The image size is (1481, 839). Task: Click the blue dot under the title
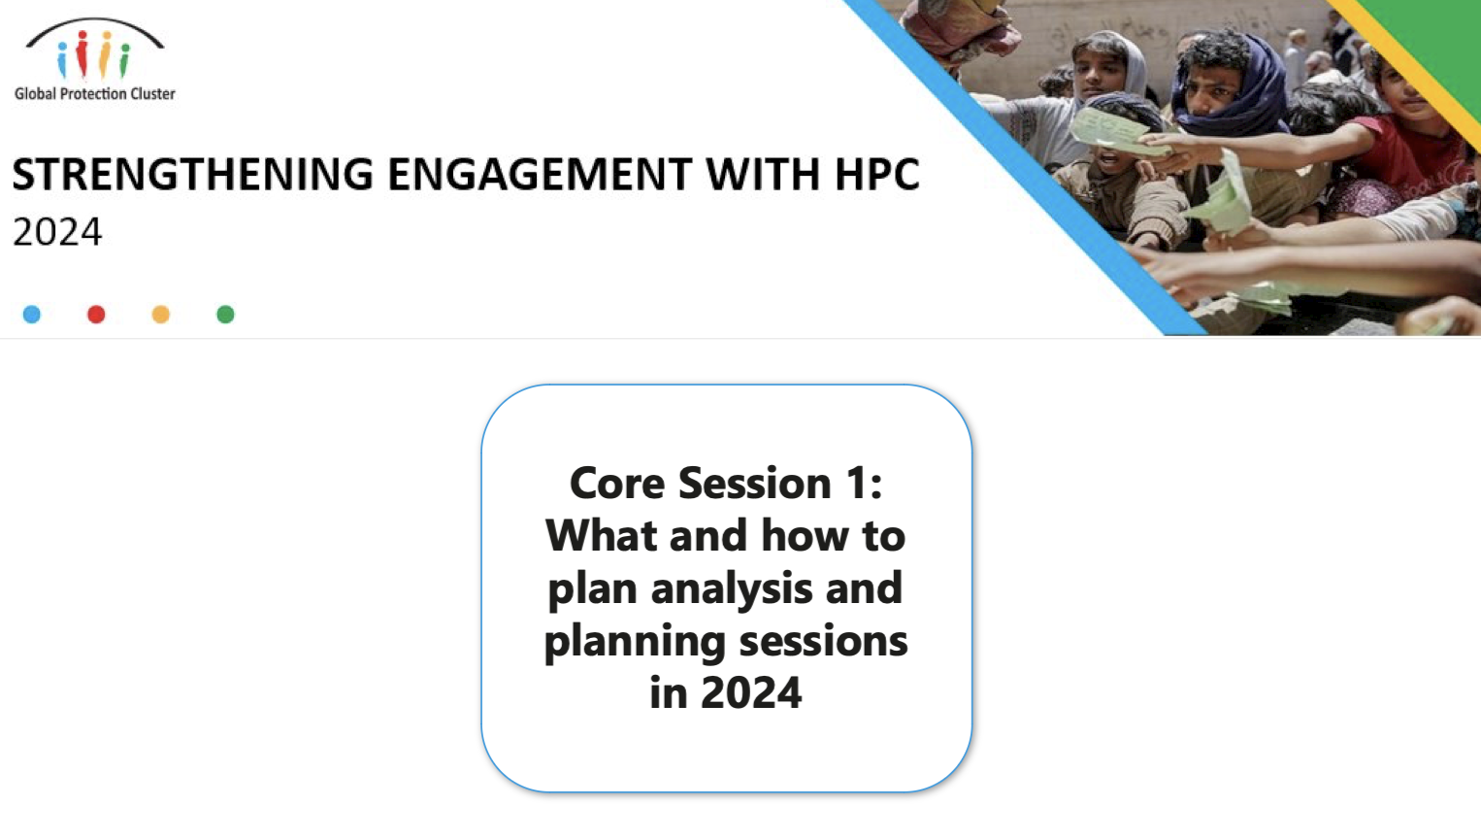(32, 315)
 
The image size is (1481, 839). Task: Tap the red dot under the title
(96, 315)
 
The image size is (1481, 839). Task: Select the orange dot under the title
(161, 315)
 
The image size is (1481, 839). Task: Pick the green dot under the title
(225, 315)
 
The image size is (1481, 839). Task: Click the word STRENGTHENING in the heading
(193, 175)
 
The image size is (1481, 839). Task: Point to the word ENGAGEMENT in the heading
(540, 175)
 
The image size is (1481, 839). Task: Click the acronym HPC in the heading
(876, 175)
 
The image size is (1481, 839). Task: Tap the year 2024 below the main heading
(57, 232)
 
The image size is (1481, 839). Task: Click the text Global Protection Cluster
(94, 94)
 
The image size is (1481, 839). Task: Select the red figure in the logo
(82, 53)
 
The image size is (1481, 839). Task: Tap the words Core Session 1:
(726, 483)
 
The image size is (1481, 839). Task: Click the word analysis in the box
(731, 588)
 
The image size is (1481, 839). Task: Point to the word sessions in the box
(823, 641)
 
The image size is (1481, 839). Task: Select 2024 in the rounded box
(751, 692)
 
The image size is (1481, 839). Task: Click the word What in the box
(601, 535)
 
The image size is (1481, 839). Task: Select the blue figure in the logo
(63, 59)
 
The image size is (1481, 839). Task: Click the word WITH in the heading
(764, 175)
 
